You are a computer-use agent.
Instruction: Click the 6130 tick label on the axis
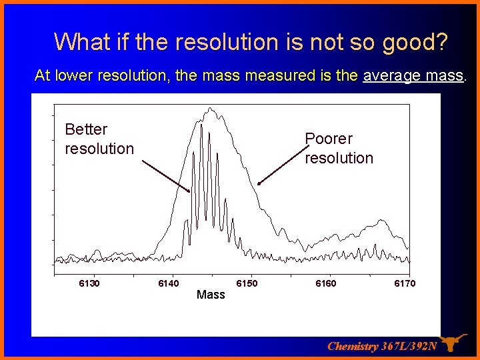(x=89, y=283)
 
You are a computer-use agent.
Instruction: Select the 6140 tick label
(x=168, y=283)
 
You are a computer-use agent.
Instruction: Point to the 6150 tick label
(x=247, y=283)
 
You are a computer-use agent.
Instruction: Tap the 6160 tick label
(x=326, y=283)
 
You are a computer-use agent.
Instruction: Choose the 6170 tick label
(x=404, y=283)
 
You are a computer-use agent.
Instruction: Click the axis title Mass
(x=211, y=294)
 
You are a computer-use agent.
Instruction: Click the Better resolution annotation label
(x=99, y=139)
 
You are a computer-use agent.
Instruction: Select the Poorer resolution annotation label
(x=339, y=148)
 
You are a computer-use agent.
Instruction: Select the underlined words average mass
(x=413, y=75)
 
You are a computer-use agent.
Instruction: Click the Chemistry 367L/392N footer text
(x=382, y=346)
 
